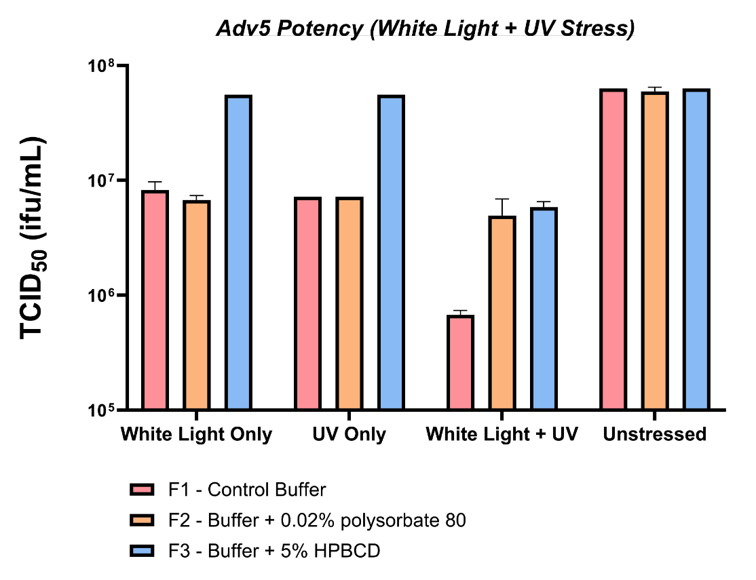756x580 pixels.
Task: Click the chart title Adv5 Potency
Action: tap(426, 29)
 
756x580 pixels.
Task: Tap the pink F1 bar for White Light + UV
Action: tap(460, 362)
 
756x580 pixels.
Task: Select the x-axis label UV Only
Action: tap(349, 434)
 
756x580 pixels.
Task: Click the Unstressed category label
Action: tap(655, 434)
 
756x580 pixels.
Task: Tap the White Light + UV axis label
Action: tap(502, 434)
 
